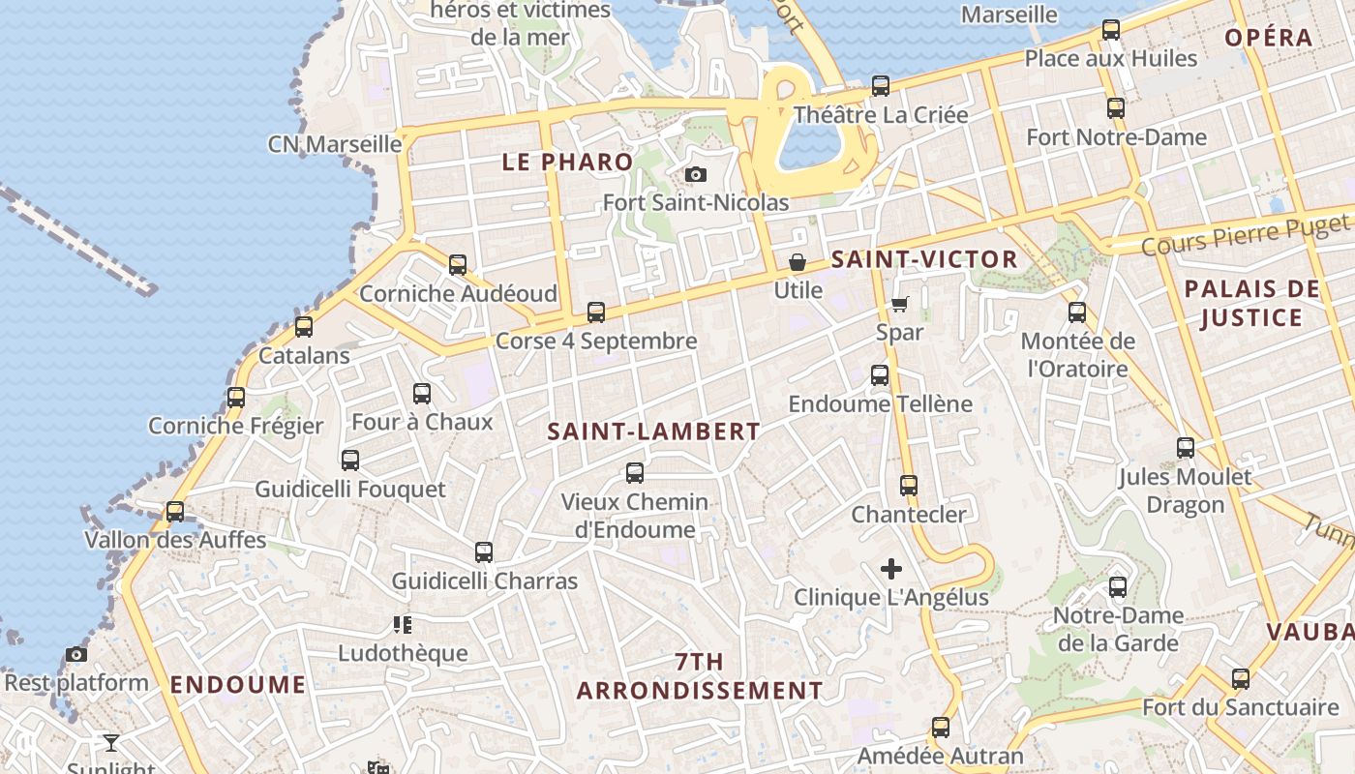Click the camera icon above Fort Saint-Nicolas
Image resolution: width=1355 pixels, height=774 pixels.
(x=695, y=175)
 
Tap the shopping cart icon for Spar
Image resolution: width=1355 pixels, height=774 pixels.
(x=900, y=305)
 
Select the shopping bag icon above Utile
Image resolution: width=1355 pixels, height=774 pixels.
(x=798, y=262)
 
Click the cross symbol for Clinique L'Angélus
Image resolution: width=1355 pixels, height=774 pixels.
(x=891, y=569)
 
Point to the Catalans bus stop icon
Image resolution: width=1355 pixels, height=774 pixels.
(x=304, y=327)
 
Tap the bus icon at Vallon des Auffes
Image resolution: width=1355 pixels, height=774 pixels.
(x=175, y=511)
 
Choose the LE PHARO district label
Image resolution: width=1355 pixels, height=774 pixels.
(x=567, y=163)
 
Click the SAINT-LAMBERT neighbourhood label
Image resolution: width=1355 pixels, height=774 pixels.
(x=653, y=432)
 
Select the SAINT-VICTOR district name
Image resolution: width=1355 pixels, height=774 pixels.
(x=924, y=259)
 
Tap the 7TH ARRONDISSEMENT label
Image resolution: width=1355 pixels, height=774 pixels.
(x=699, y=676)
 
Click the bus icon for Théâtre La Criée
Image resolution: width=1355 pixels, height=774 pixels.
(x=881, y=86)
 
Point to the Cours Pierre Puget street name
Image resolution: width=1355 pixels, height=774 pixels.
(x=1244, y=235)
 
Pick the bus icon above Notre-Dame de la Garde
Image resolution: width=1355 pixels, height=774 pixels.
(x=1118, y=586)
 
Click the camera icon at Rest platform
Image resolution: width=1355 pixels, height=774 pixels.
(x=76, y=655)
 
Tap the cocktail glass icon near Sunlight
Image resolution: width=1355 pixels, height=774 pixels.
(x=111, y=743)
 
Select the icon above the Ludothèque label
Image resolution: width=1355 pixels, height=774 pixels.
(x=403, y=625)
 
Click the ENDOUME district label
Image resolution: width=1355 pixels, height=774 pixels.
(x=238, y=685)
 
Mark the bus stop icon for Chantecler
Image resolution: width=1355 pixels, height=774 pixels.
(x=909, y=486)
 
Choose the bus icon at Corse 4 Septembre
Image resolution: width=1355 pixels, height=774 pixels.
(x=596, y=313)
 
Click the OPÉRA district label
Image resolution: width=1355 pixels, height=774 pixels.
(x=1268, y=38)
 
